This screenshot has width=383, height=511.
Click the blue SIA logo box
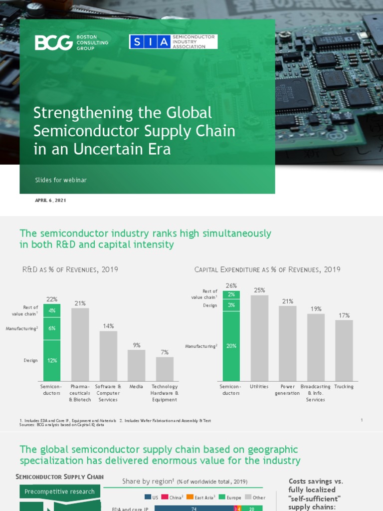(x=149, y=42)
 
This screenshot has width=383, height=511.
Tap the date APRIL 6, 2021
(x=50, y=200)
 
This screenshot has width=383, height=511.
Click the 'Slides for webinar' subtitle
(x=61, y=180)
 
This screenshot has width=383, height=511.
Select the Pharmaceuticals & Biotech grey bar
(x=80, y=344)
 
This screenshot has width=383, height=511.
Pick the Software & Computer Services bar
(x=108, y=356)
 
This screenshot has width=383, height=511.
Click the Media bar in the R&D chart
(x=136, y=365)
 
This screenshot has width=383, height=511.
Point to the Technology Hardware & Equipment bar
(x=165, y=369)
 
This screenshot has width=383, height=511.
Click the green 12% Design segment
(x=52, y=360)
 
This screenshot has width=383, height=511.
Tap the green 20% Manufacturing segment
(x=231, y=345)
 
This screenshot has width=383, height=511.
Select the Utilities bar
(x=259, y=338)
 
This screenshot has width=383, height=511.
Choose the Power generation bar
(x=288, y=343)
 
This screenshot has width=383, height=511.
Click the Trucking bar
(x=344, y=350)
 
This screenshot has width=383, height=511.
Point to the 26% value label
(x=231, y=286)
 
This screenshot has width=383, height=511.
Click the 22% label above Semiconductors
(x=52, y=299)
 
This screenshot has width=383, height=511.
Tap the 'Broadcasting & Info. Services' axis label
(x=316, y=393)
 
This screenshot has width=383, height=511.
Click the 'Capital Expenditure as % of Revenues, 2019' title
(x=267, y=269)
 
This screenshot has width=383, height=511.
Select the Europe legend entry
(x=230, y=498)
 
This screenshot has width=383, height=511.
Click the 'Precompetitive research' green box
(x=59, y=492)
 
